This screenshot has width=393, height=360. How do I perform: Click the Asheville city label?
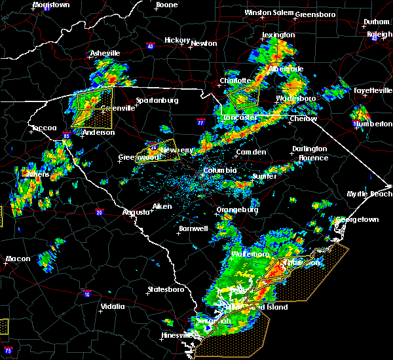point(106,53)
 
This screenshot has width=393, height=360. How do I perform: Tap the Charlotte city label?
point(236,81)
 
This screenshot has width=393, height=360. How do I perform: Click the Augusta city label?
point(138,212)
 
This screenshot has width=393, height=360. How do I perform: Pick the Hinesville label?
point(176,336)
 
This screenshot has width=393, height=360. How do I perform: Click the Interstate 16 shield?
point(87,294)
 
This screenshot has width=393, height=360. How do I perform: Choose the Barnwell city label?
point(193,228)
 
